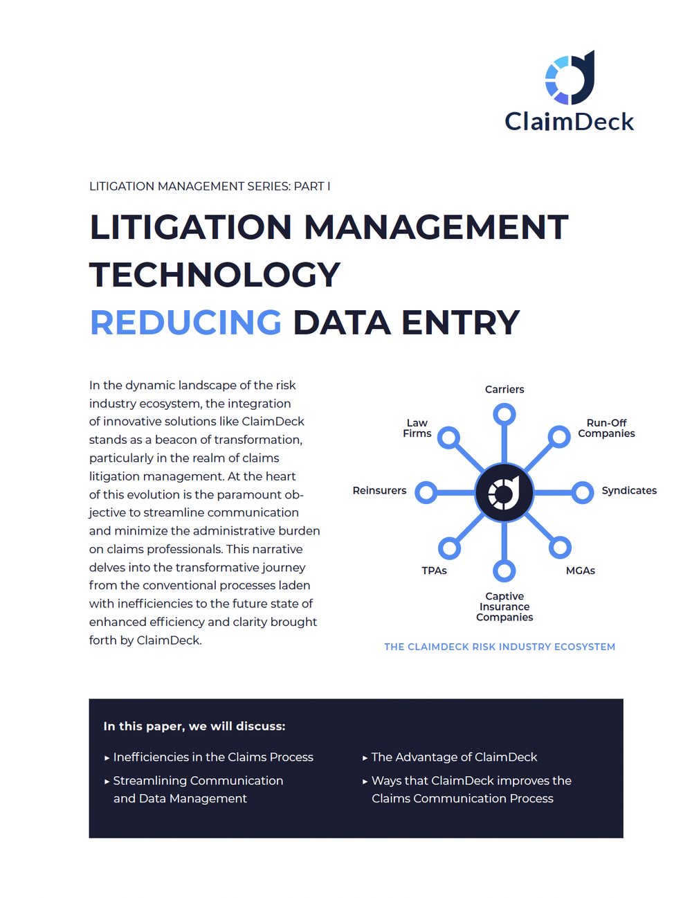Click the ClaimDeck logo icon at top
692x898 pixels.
pyautogui.click(x=570, y=78)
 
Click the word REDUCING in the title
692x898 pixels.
pyautogui.click(x=185, y=323)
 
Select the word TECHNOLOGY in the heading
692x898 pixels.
pyautogui.click(x=215, y=275)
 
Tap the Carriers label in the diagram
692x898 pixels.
pyautogui.click(x=504, y=389)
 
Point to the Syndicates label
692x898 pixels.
pyautogui.click(x=628, y=490)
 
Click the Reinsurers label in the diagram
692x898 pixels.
pyautogui.click(x=379, y=490)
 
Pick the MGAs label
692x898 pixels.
pyautogui.click(x=580, y=571)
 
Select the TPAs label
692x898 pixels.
pyautogui.click(x=434, y=571)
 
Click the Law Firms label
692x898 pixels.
pyautogui.click(x=417, y=428)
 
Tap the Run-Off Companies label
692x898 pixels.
pyautogui.click(x=606, y=428)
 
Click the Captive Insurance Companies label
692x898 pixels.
pyautogui.click(x=504, y=607)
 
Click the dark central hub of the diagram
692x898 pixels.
pyautogui.click(x=504, y=493)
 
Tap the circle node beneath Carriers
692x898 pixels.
pyautogui.click(x=504, y=415)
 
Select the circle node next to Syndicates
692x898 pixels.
pyautogui.click(x=583, y=493)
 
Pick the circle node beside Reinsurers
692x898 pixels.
pyautogui.click(x=426, y=493)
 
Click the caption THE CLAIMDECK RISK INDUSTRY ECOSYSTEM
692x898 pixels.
pyautogui.click(x=500, y=647)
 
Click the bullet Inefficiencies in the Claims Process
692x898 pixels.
pyautogui.click(x=213, y=757)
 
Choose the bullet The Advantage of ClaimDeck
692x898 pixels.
pyautogui.click(x=454, y=757)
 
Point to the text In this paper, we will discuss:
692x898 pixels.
pyautogui.click(x=194, y=726)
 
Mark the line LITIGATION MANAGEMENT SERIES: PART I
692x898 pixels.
pyautogui.click(x=210, y=186)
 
